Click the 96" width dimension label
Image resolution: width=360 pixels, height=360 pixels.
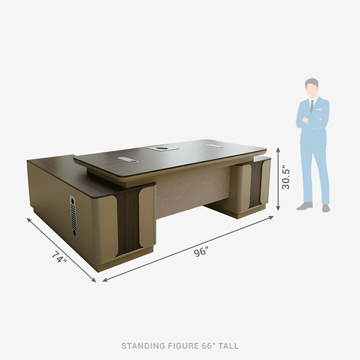(201, 252)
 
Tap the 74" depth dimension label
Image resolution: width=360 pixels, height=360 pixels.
(59, 257)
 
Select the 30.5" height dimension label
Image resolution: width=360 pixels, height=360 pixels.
(286, 177)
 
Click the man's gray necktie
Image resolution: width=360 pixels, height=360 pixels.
(312, 107)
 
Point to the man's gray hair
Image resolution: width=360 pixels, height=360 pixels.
(311, 82)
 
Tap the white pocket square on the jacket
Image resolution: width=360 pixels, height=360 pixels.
(319, 109)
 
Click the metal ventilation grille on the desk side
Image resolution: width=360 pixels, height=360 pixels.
(73, 217)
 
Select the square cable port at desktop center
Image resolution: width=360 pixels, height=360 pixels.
(163, 148)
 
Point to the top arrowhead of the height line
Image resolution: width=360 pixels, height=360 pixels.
(278, 149)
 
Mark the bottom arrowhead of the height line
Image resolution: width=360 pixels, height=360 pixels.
(278, 208)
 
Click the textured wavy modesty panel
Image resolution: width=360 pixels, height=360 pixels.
(193, 192)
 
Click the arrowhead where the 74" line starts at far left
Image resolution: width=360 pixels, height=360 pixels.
(29, 220)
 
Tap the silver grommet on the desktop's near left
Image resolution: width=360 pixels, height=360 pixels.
(128, 160)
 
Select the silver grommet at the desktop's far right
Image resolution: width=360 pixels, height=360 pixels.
(216, 146)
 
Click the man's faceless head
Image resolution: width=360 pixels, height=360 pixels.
(311, 86)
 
